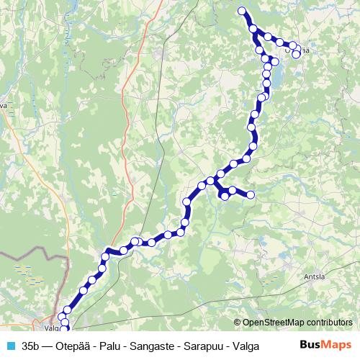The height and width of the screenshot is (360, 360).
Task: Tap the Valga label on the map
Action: pyautogui.click(x=50, y=325)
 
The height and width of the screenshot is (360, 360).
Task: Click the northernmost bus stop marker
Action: pyautogui.click(x=242, y=10)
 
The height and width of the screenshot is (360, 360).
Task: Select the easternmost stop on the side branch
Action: pyautogui.click(x=251, y=194)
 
